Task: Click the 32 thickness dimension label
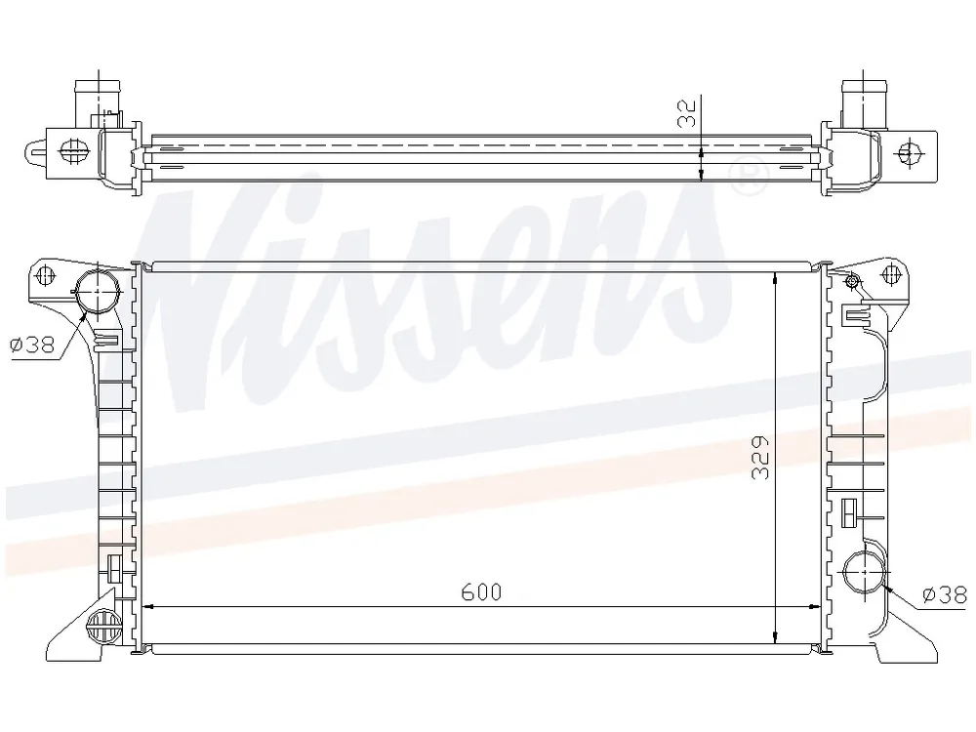click(x=686, y=112)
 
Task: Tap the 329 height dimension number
click(x=760, y=458)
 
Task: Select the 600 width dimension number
click(x=481, y=592)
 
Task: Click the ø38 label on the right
click(x=944, y=595)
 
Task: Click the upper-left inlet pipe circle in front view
click(x=97, y=291)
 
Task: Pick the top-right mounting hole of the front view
click(x=893, y=274)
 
